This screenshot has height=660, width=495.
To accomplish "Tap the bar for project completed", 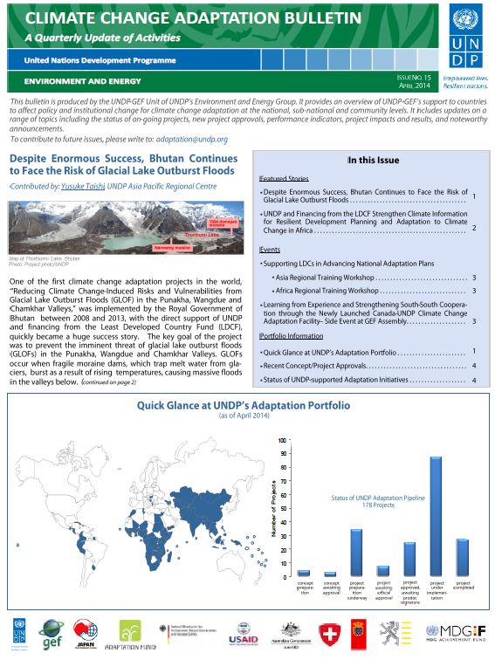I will pyautogui.click(x=463, y=557).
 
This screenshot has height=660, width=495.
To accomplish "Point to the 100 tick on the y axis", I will pyautogui.click(x=281, y=440).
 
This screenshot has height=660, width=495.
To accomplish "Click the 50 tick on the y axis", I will pyautogui.click(x=281, y=508).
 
